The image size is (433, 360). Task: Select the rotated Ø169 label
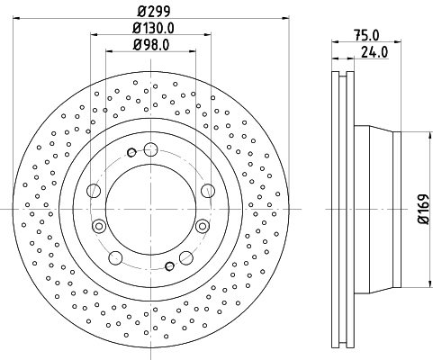[x=421, y=210]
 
